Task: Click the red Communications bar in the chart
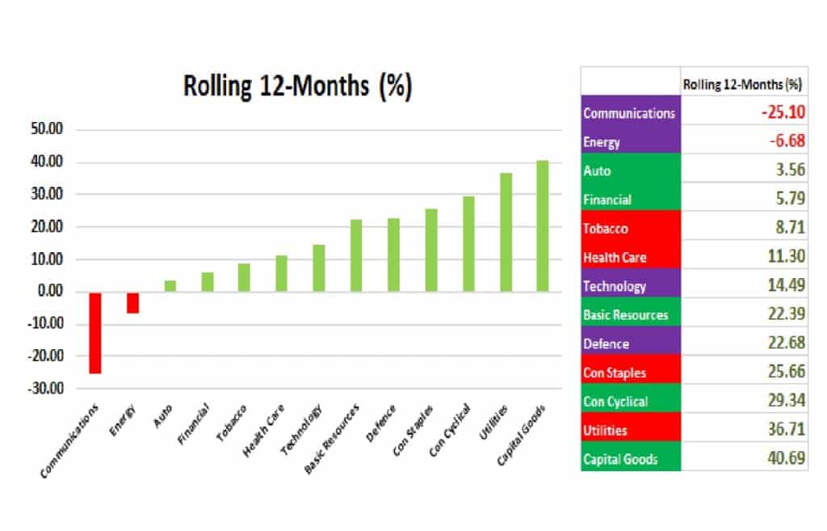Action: pos(95,333)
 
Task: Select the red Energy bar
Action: pos(132,303)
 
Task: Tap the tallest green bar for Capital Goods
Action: pos(542,226)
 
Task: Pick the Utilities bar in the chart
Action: pos(506,232)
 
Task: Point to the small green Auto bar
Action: pos(170,285)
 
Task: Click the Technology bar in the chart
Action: pos(318,268)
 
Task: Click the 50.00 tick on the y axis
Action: pos(47,129)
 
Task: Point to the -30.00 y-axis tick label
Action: pos(45,389)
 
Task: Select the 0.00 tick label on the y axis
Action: pos(50,291)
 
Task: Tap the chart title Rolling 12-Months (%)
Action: pos(297,86)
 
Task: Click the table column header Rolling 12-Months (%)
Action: pos(742,84)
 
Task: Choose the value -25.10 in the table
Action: pos(783,112)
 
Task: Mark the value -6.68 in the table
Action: pos(787,141)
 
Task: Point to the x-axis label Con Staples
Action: pos(413,430)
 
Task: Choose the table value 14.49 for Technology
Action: pos(786,285)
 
